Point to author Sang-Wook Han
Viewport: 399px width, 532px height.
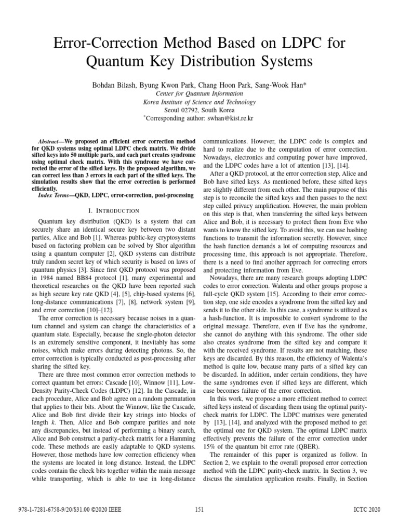pyautogui.click(x=285, y=84)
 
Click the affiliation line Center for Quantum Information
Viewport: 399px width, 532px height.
pyautogui.click(x=199, y=94)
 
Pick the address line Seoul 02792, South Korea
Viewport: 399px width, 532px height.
pyautogui.click(x=199, y=110)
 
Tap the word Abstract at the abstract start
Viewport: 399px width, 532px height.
pyautogui.click(x=50, y=141)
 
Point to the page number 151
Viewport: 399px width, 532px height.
pyautogui.click(x=199, y=509)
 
